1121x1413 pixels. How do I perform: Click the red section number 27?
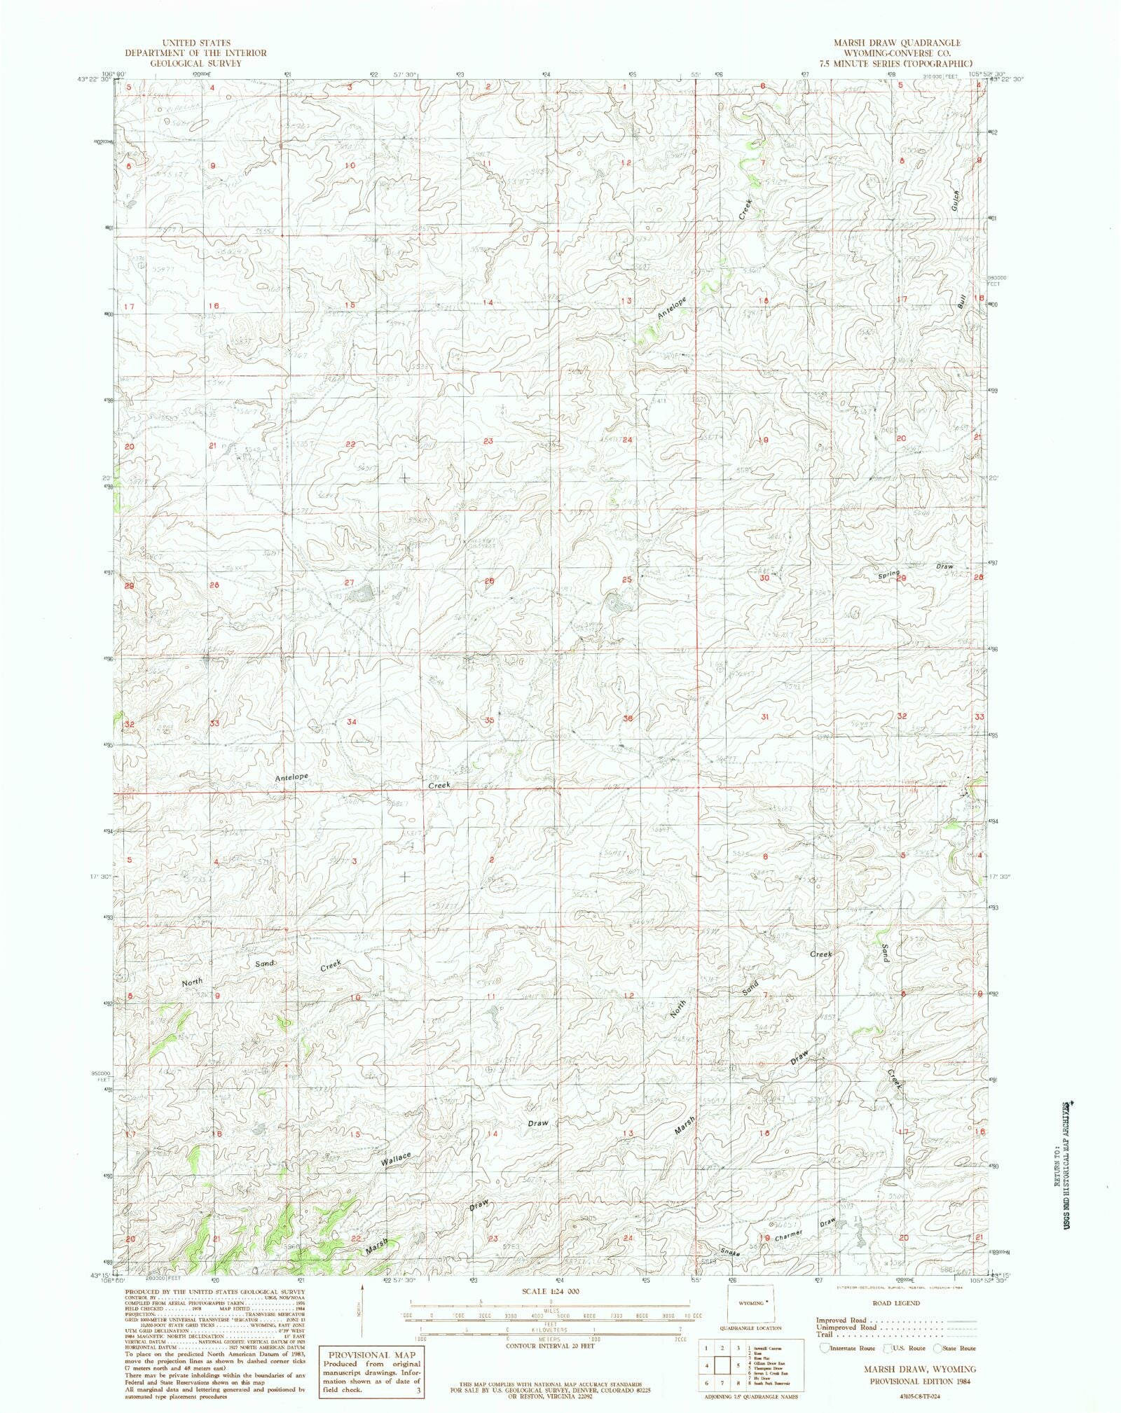[349, 583]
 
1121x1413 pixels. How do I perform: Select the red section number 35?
[489, 720]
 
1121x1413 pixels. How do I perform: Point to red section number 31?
[765, 717]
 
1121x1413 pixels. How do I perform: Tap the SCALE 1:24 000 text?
[550, 1291]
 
